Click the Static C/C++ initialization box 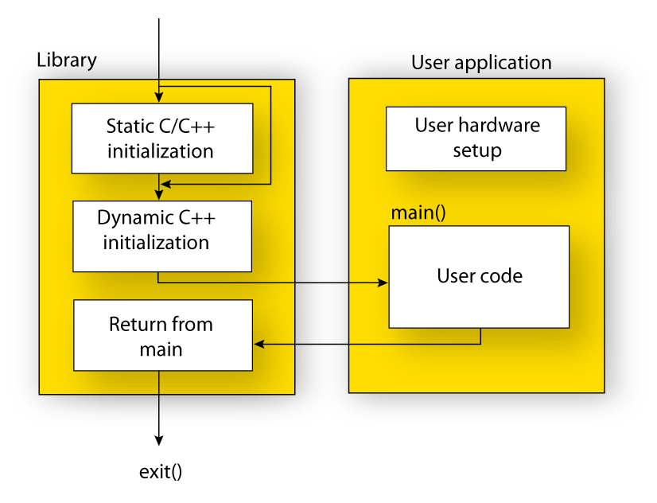click(161, 138)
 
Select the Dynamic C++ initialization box click(161, 236)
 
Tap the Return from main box click(162, 335)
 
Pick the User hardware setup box click(476, 138)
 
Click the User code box click(478, 276)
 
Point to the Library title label click(67, 60)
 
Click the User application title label click(480, 63)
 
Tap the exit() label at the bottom click(161, 471)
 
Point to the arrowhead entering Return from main click(259, 344)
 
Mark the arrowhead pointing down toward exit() click(159, 439)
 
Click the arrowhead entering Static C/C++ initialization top click(159, 97)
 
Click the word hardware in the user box click(500, 125)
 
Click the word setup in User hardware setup click(477, 150)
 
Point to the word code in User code click(501, 276)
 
